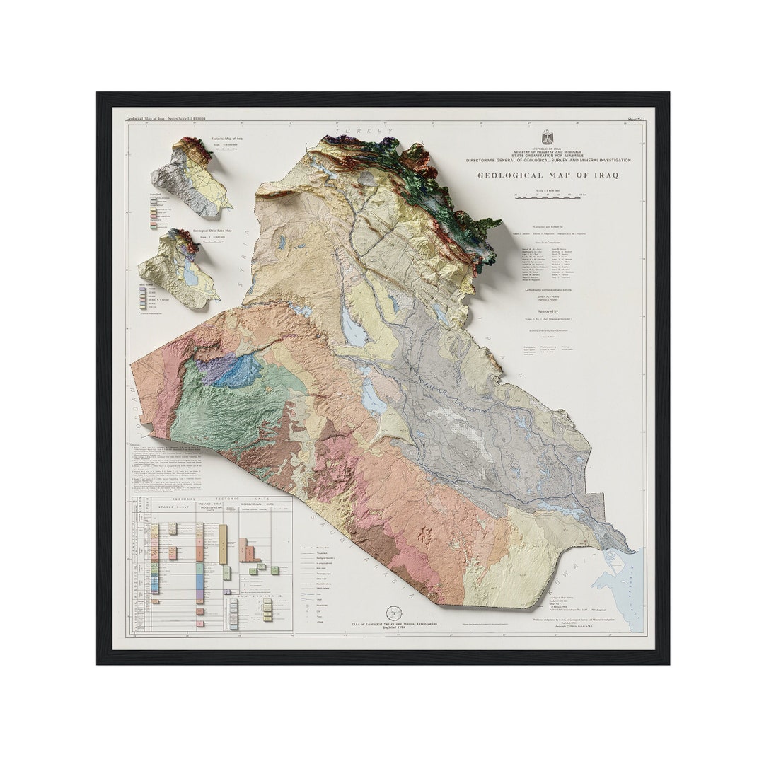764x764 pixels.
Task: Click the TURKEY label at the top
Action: click(x=365, y=132)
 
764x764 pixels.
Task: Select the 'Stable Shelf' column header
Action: click(x=174, y=507)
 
